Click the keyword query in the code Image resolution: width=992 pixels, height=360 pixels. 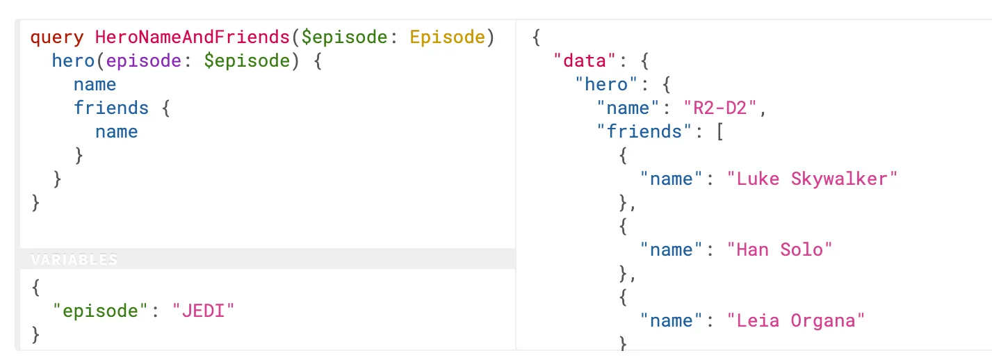57,38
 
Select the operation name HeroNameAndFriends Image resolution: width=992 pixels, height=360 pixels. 192,37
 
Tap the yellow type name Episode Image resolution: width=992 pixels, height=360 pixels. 447,38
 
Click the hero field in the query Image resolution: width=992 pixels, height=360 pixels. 73,60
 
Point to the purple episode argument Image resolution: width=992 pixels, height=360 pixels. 143,61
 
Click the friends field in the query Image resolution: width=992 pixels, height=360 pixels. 111,108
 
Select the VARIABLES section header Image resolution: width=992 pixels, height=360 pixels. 74,259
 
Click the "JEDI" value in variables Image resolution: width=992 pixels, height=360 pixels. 203,311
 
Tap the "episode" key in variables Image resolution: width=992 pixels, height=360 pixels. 100,311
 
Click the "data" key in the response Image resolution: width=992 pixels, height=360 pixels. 585,60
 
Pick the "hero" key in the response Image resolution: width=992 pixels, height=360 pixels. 605,84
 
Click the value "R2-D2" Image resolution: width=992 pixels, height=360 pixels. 720,108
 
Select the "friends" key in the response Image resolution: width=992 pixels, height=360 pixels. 644,131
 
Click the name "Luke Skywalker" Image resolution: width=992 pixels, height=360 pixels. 812,179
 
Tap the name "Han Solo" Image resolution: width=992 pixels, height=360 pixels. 779,249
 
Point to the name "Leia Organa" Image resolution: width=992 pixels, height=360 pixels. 796,320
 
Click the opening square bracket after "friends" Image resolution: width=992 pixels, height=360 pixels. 720,132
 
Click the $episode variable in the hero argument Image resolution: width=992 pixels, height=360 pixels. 247,61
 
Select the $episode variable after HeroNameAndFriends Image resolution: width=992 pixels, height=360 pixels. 344,38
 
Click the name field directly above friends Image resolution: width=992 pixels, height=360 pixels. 95,84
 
